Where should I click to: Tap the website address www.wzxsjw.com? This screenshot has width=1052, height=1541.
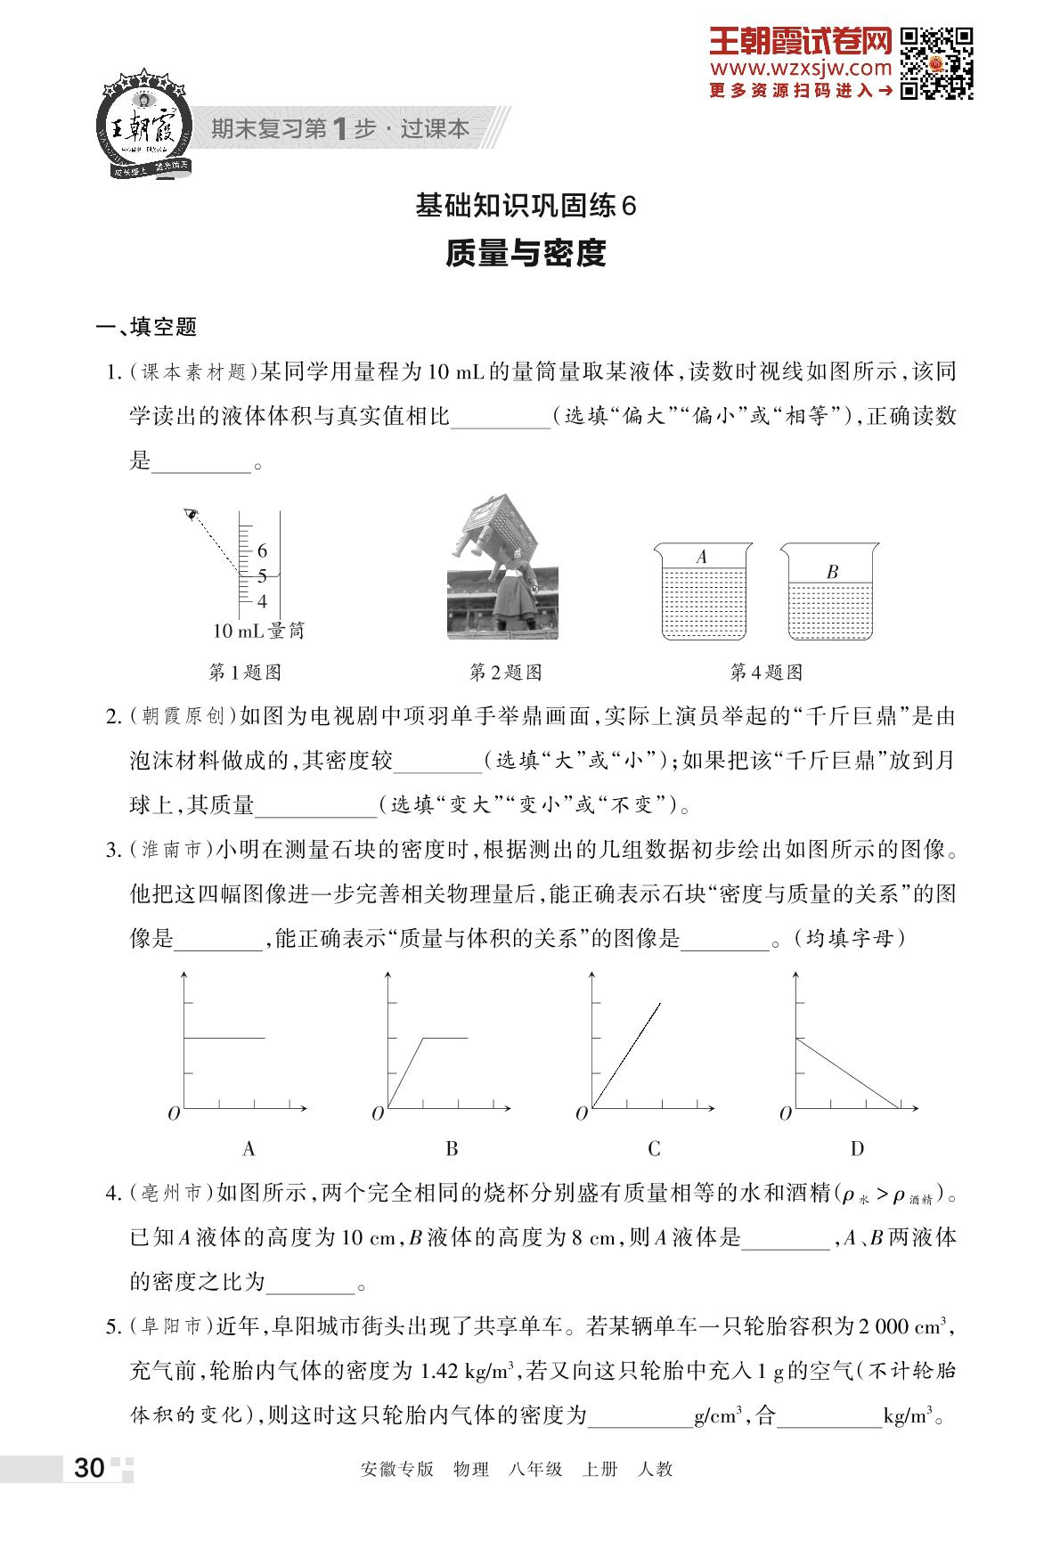(800, 69)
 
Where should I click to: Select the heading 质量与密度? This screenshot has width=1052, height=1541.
(526, 254)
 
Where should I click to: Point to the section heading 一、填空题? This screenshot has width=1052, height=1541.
(146, 327)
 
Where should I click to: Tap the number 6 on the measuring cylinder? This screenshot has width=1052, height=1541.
(262, 552)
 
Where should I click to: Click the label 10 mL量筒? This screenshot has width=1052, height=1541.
(258, 631)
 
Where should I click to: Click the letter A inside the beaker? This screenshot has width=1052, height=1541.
(702, 557)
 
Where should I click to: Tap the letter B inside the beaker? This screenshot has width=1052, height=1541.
(832, 572)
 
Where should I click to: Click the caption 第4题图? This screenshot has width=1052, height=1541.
(766, 672)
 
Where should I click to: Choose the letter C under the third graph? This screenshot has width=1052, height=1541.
(654, 1149)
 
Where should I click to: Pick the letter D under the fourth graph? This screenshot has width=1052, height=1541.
(857, 1149)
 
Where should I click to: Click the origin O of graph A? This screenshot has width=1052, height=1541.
(174, 1113)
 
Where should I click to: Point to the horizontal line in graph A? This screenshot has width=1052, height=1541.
(224, 1037)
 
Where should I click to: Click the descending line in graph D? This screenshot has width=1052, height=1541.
(846, 1073)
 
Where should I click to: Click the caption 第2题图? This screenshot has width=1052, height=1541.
(505, 672)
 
